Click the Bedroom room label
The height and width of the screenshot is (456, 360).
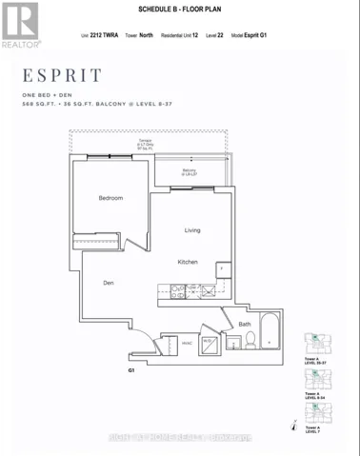click(111, 198)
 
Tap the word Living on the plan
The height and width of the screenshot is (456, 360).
click(192, 230)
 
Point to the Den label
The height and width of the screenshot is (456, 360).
click(110, 282)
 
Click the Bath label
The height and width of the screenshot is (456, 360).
click(245, 325)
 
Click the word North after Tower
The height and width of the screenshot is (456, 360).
click(146, 36)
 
